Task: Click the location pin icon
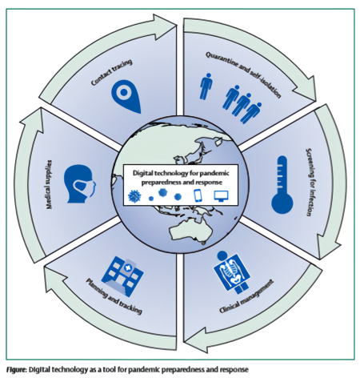click(x=125, y=95)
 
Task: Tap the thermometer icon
click(x=282, y=185)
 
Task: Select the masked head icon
click(x=79, y=183)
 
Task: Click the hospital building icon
click(x=122, y=276)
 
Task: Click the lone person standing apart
click(x=206, y=86)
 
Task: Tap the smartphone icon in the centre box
click(x=198, y=195)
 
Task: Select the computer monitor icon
click(x=221, y=196)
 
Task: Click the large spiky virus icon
click(x=134, y=196)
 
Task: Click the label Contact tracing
click(x=111, y=72)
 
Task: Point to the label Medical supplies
click(x=49, y=184)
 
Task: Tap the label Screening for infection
click(x=309, y=182)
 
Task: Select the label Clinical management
click(x=246, y=296)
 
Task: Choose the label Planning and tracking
click(x=114, y=296)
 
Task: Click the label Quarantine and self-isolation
click(x=243, y=74)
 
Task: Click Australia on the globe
click(x=191, y=230)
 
